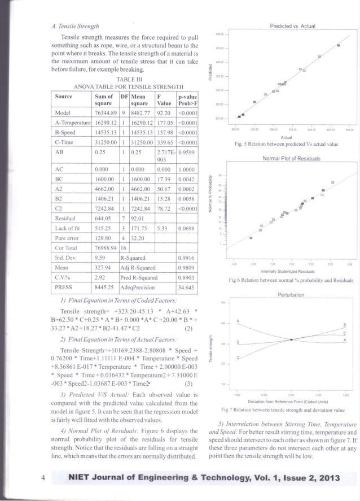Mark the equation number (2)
point(189,329)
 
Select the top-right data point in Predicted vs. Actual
point(338,45)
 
